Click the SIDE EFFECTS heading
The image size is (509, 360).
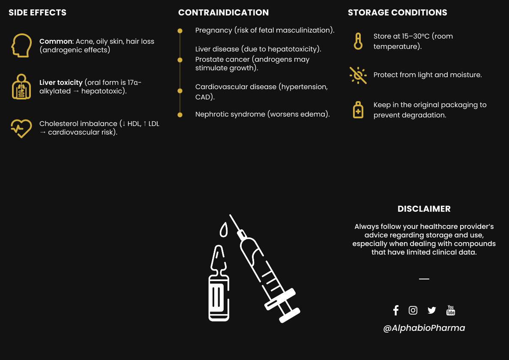[x=38, y=13]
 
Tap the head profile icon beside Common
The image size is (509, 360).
[x=21, y=46]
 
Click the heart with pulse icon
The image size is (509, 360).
[x=21, y=128]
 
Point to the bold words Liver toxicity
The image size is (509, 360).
[x=61, y=82]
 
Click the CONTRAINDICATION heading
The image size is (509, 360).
[x=223, y=13]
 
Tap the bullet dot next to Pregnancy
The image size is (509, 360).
[x=180, y=31]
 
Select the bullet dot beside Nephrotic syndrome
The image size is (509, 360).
[x=180, y=114]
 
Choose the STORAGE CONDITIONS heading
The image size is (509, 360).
[x=397, y=13]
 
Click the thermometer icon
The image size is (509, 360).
[x=358, y=41]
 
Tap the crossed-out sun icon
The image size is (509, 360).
[x=358, y=75]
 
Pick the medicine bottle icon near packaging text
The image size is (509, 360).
[x=358, y=110]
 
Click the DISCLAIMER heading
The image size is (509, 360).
[x=424, y=209]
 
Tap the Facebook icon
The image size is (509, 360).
[x=396, y=310]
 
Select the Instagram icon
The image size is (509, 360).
[x=413, y=310]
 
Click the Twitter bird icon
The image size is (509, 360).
[x=431, y=310]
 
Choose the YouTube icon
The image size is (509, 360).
[x=451, y=310]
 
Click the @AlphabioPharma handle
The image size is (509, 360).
[x=424, y=328]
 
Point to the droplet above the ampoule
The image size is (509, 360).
[x=223, y=231]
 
